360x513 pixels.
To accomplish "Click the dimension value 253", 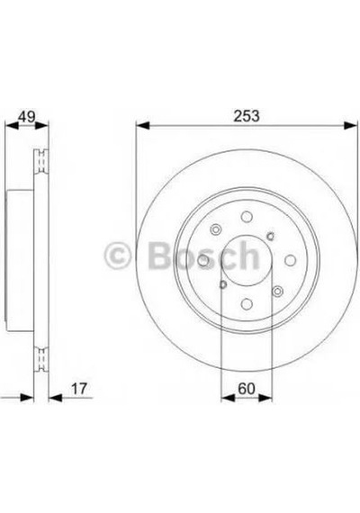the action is click(x=246, y=116).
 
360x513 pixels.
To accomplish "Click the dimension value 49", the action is click(x=26, y=117).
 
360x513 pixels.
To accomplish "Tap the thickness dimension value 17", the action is click(x=79, y=389).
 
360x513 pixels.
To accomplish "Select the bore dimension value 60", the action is click(x=247, y=389).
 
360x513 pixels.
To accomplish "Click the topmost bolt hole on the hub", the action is click(x=247, y=217).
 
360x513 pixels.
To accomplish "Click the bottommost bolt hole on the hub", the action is click(x=247, y=304).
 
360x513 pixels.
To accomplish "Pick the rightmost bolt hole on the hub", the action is click(x=291, y=260).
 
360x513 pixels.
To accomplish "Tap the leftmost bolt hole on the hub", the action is click(x=203, y=261).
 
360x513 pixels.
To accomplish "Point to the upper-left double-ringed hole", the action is click(x=215, y=229).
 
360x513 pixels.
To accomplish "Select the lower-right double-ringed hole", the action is click(x=277, y=292).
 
